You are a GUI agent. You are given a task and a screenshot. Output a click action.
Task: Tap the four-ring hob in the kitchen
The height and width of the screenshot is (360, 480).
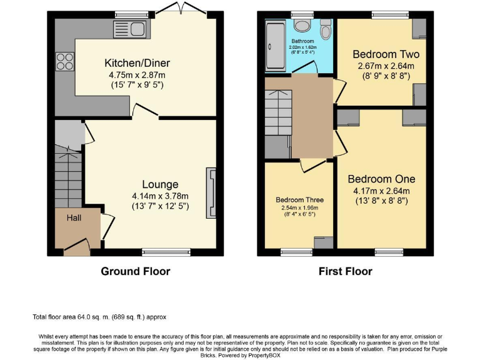click(x=64, y=61)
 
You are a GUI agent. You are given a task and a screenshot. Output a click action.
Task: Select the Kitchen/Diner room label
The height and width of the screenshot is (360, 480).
click(x=137, y=63)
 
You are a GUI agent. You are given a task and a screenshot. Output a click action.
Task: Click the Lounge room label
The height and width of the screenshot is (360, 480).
click(x=160, y=184)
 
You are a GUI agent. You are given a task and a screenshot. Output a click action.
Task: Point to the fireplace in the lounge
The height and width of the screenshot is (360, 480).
click(x=211, y=192)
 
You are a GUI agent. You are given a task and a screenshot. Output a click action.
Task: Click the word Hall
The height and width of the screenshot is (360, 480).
click(x=74, y=217)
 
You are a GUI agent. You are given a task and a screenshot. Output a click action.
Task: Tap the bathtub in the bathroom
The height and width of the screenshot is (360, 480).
click(x=275, y=45)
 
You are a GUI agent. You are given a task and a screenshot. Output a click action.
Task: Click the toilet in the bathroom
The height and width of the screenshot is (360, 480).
click(x=326, y=29)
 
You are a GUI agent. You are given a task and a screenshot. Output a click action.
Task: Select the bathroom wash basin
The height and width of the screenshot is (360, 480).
click(x=302, y=25)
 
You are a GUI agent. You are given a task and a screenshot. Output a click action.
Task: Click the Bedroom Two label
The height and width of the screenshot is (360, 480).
click(x=386, y=54)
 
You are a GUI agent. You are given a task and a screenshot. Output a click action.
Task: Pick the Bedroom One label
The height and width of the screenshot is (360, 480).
click(x=381, y=179)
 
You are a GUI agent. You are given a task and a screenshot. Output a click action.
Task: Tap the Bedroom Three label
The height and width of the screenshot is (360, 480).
click(x=300, y=200)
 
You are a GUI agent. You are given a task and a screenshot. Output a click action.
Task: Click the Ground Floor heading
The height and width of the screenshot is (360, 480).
click(x=135, y=271)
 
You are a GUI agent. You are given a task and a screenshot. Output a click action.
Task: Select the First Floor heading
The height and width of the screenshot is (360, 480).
click(x=345, y=271)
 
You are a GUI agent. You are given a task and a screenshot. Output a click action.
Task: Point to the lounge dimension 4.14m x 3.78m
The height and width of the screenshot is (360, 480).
click(x=160, y=196)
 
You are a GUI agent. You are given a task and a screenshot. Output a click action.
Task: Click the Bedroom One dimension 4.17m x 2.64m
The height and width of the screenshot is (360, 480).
click(x=381, y=191)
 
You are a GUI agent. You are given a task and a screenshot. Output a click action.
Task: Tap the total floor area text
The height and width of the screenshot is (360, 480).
click(x=99, y=317)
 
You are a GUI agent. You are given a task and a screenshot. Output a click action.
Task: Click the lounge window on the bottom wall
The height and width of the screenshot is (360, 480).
click(x=166, y=252)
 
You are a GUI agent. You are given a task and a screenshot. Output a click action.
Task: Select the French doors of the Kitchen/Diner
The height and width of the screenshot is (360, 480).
click(x=181, y=8)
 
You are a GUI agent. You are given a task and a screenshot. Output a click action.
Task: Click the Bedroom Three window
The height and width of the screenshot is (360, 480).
click(x=297, y=252)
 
